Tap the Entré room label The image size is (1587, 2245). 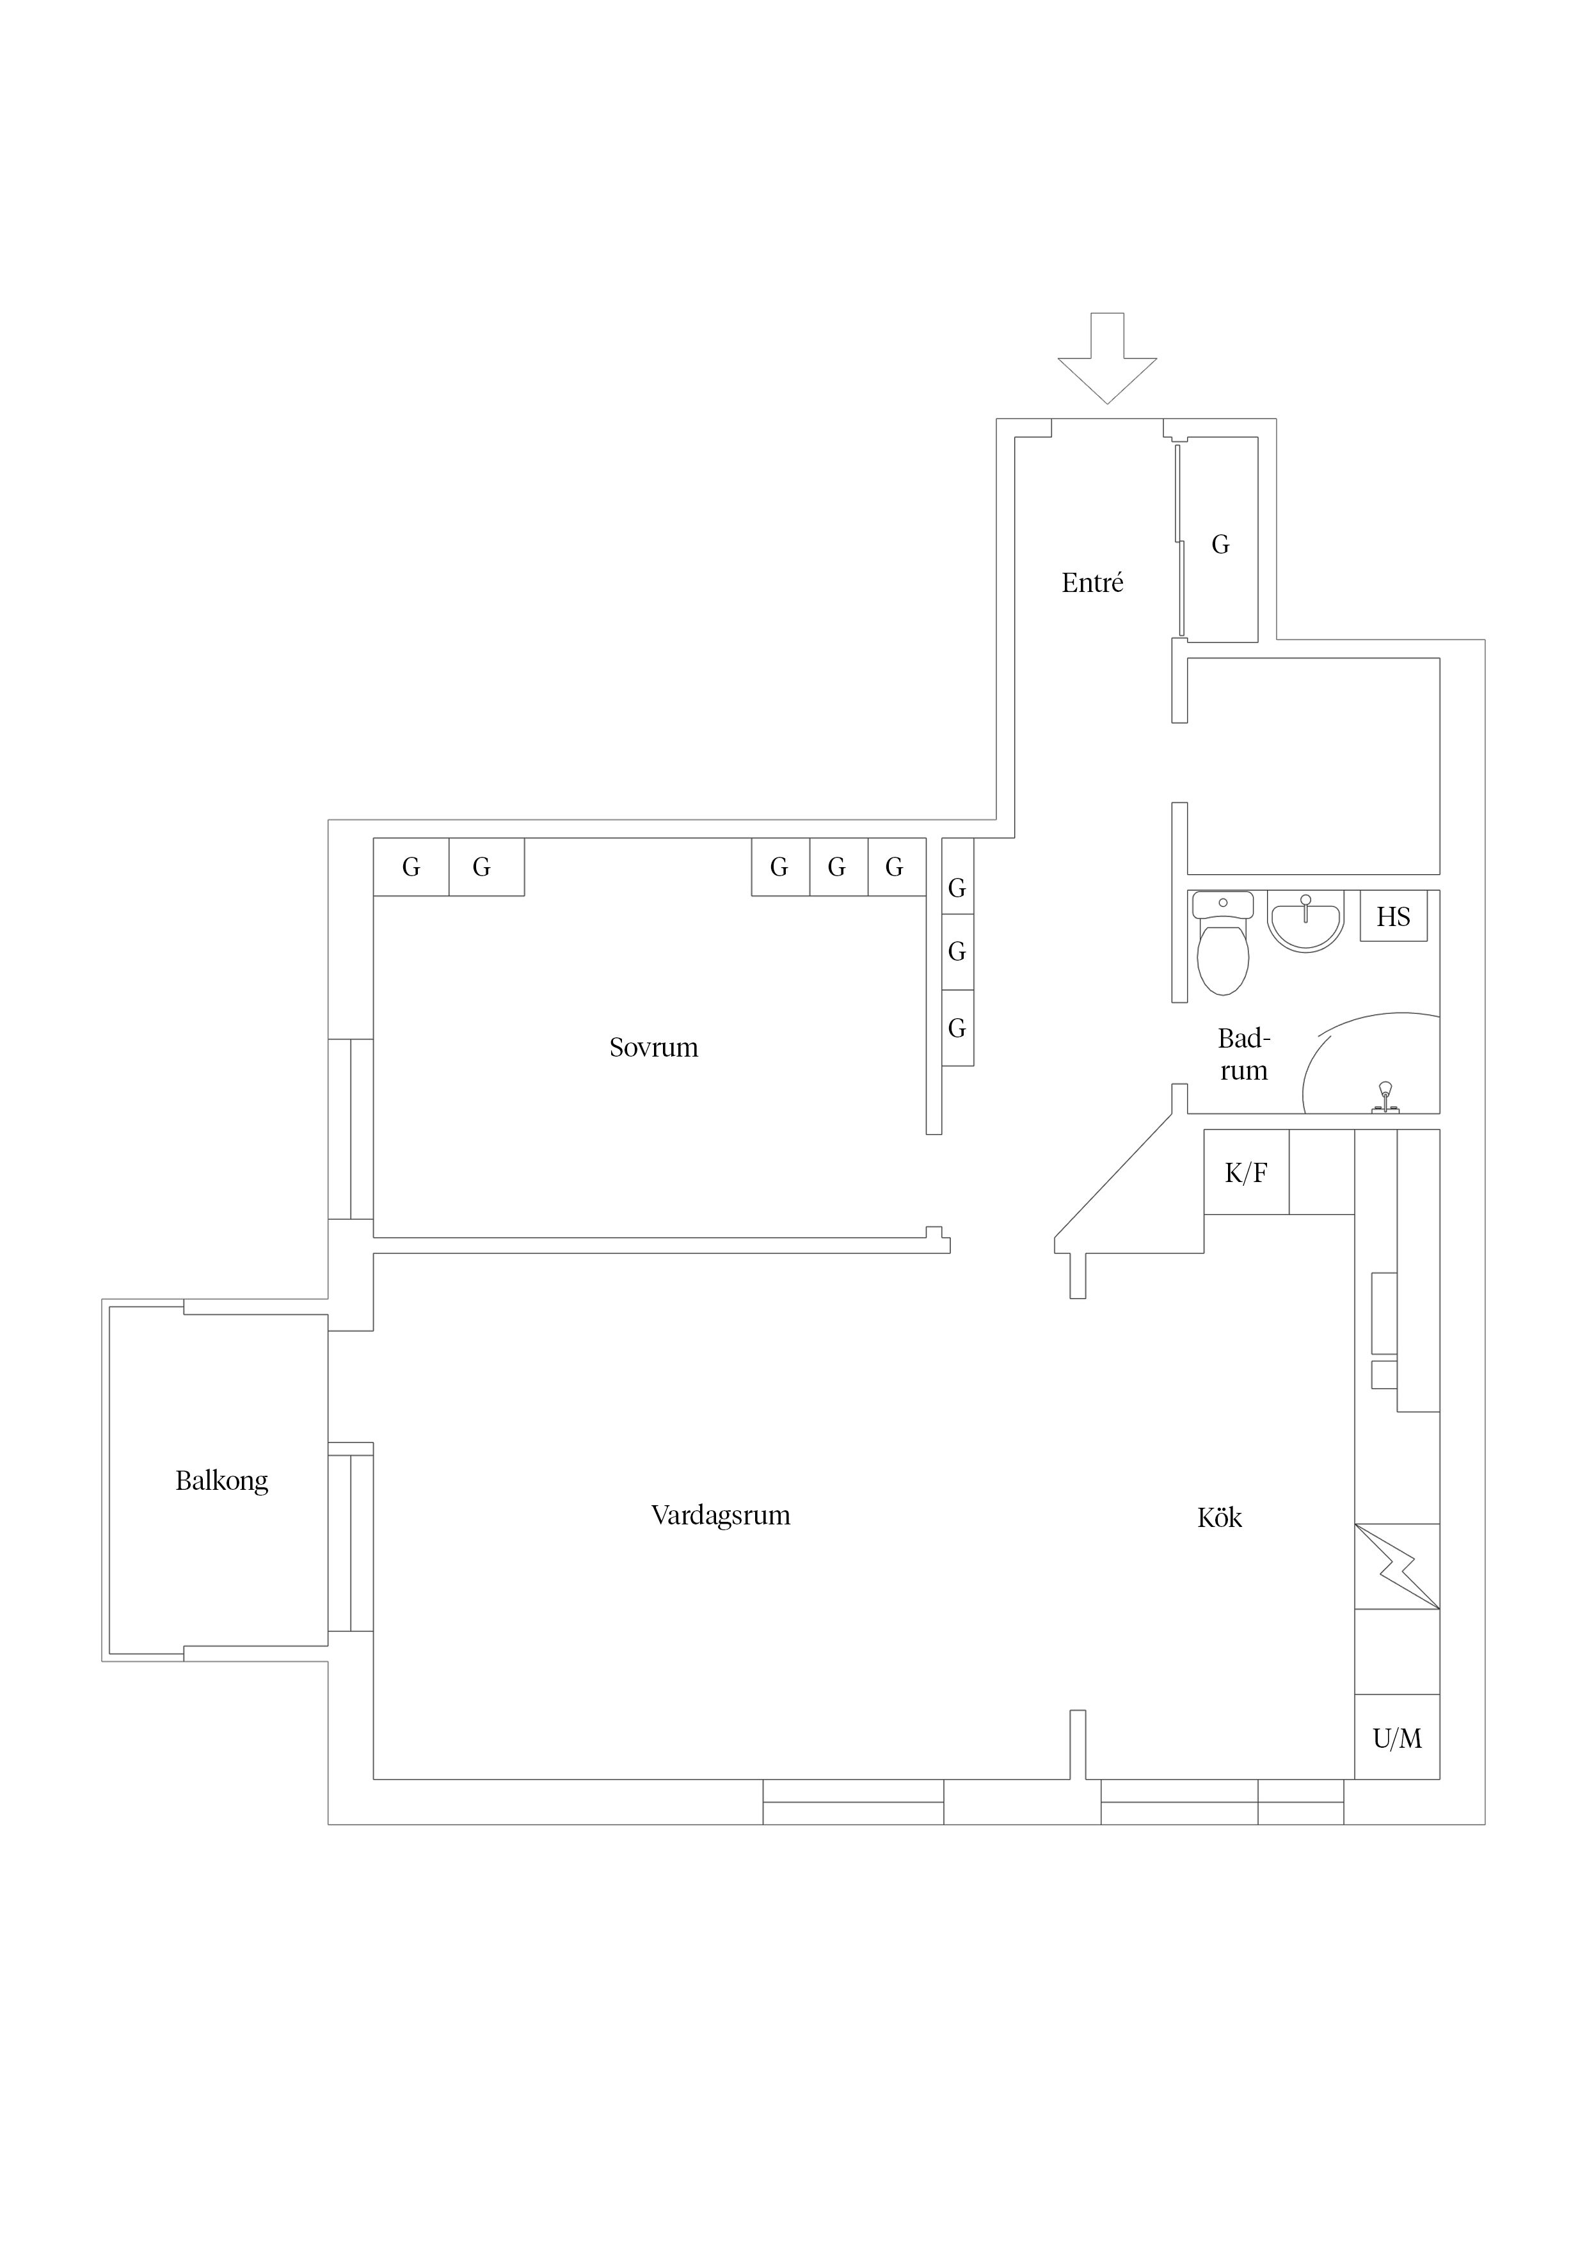(1092, 583)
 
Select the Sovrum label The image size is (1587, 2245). (653, 1047)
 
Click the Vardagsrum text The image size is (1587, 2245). (721, 1515)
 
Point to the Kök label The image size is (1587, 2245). (1219, 1517)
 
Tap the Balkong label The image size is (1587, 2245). (222, 1480)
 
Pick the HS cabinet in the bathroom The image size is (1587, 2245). (1393, 916)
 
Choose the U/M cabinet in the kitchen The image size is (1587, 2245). (1398, 1738)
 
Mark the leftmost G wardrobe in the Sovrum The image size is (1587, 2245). (411, 867)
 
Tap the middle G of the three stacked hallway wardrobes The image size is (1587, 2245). (957, 952)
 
